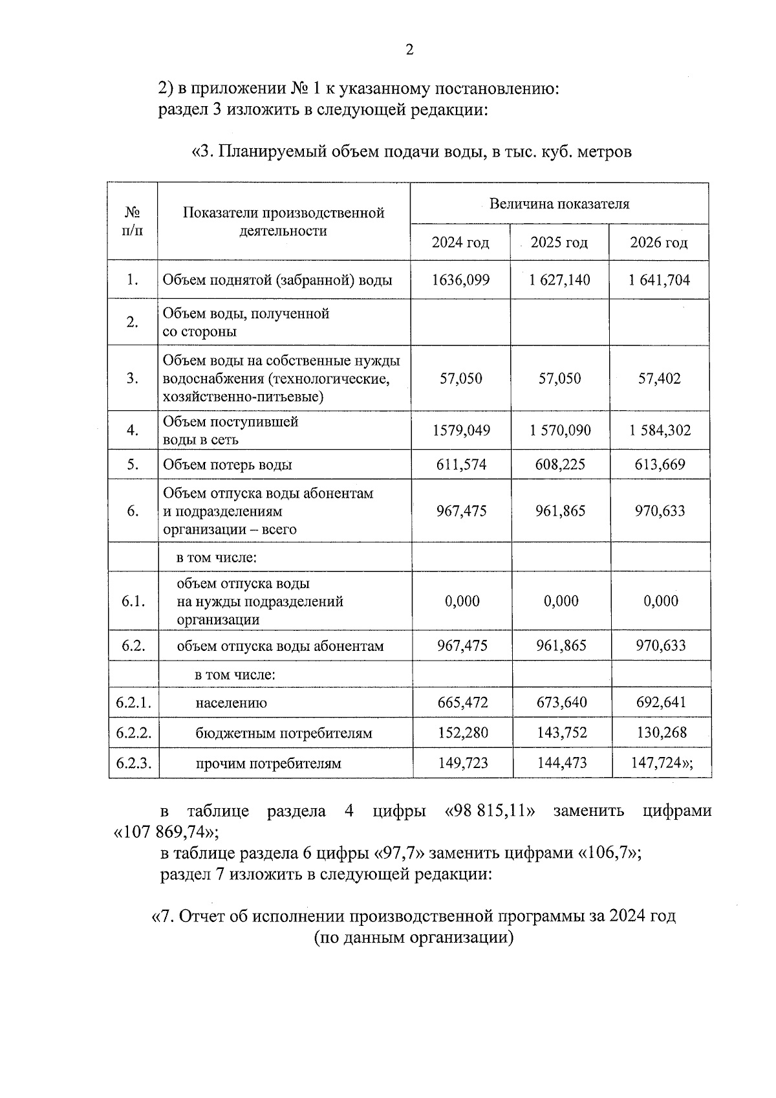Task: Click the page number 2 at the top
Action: [409, 50]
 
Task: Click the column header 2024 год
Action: [460, 243]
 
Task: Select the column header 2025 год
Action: [559, 243]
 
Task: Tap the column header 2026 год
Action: [659, 243]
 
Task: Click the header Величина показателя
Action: [559, 204]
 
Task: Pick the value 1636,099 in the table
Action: [461, 280]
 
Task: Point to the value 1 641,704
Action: [659, 280]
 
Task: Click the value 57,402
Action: [660, 379]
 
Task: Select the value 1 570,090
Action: [560, 430]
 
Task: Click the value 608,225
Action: [561, 465]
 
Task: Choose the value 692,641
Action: [660, 703]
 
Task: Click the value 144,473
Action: [562, 763]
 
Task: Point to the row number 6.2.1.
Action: [134, 703]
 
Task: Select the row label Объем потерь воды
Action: [228, 465]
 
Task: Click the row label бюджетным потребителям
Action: [284, 734]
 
